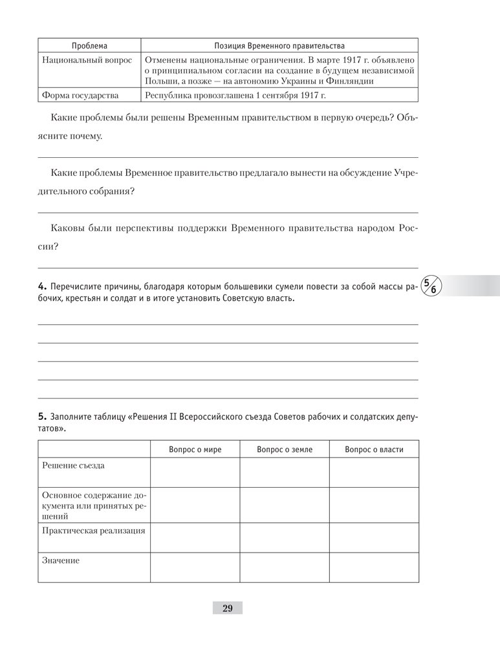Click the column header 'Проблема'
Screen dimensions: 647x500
89,46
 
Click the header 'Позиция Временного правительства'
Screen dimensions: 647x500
279,46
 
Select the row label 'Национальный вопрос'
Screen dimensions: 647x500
87,60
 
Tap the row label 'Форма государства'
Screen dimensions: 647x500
80,96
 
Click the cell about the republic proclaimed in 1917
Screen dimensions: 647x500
234,96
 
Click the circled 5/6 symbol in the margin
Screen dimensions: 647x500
429,285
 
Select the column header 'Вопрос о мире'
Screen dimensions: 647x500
195,449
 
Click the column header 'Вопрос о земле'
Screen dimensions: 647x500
285,449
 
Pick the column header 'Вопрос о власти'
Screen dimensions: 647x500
374,449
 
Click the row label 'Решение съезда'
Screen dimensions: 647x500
73,465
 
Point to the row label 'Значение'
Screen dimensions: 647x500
60,560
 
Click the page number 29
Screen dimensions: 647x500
227,608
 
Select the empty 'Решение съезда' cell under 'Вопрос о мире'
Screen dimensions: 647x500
195,472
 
